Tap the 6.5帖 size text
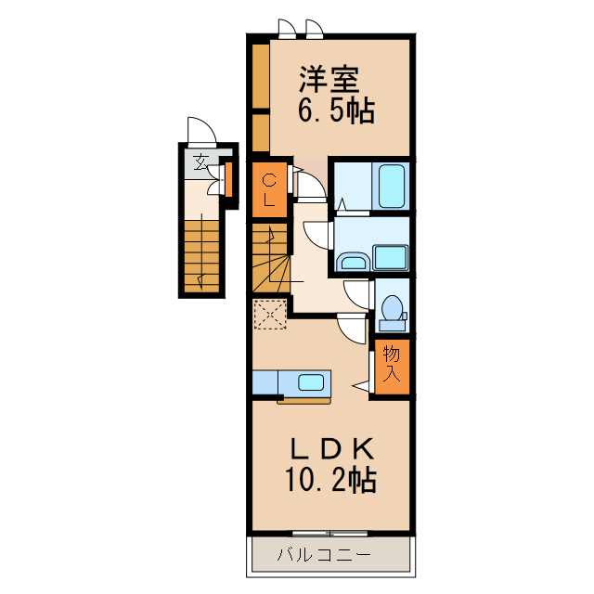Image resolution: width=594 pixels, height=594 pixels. pos(335,111)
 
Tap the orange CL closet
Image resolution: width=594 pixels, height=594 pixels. pos(269,189)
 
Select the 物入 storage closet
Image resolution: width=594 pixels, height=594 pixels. pos(392,366)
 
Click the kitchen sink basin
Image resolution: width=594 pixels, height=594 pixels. pos(311,381)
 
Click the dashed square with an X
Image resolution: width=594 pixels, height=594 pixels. pos(269,314)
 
